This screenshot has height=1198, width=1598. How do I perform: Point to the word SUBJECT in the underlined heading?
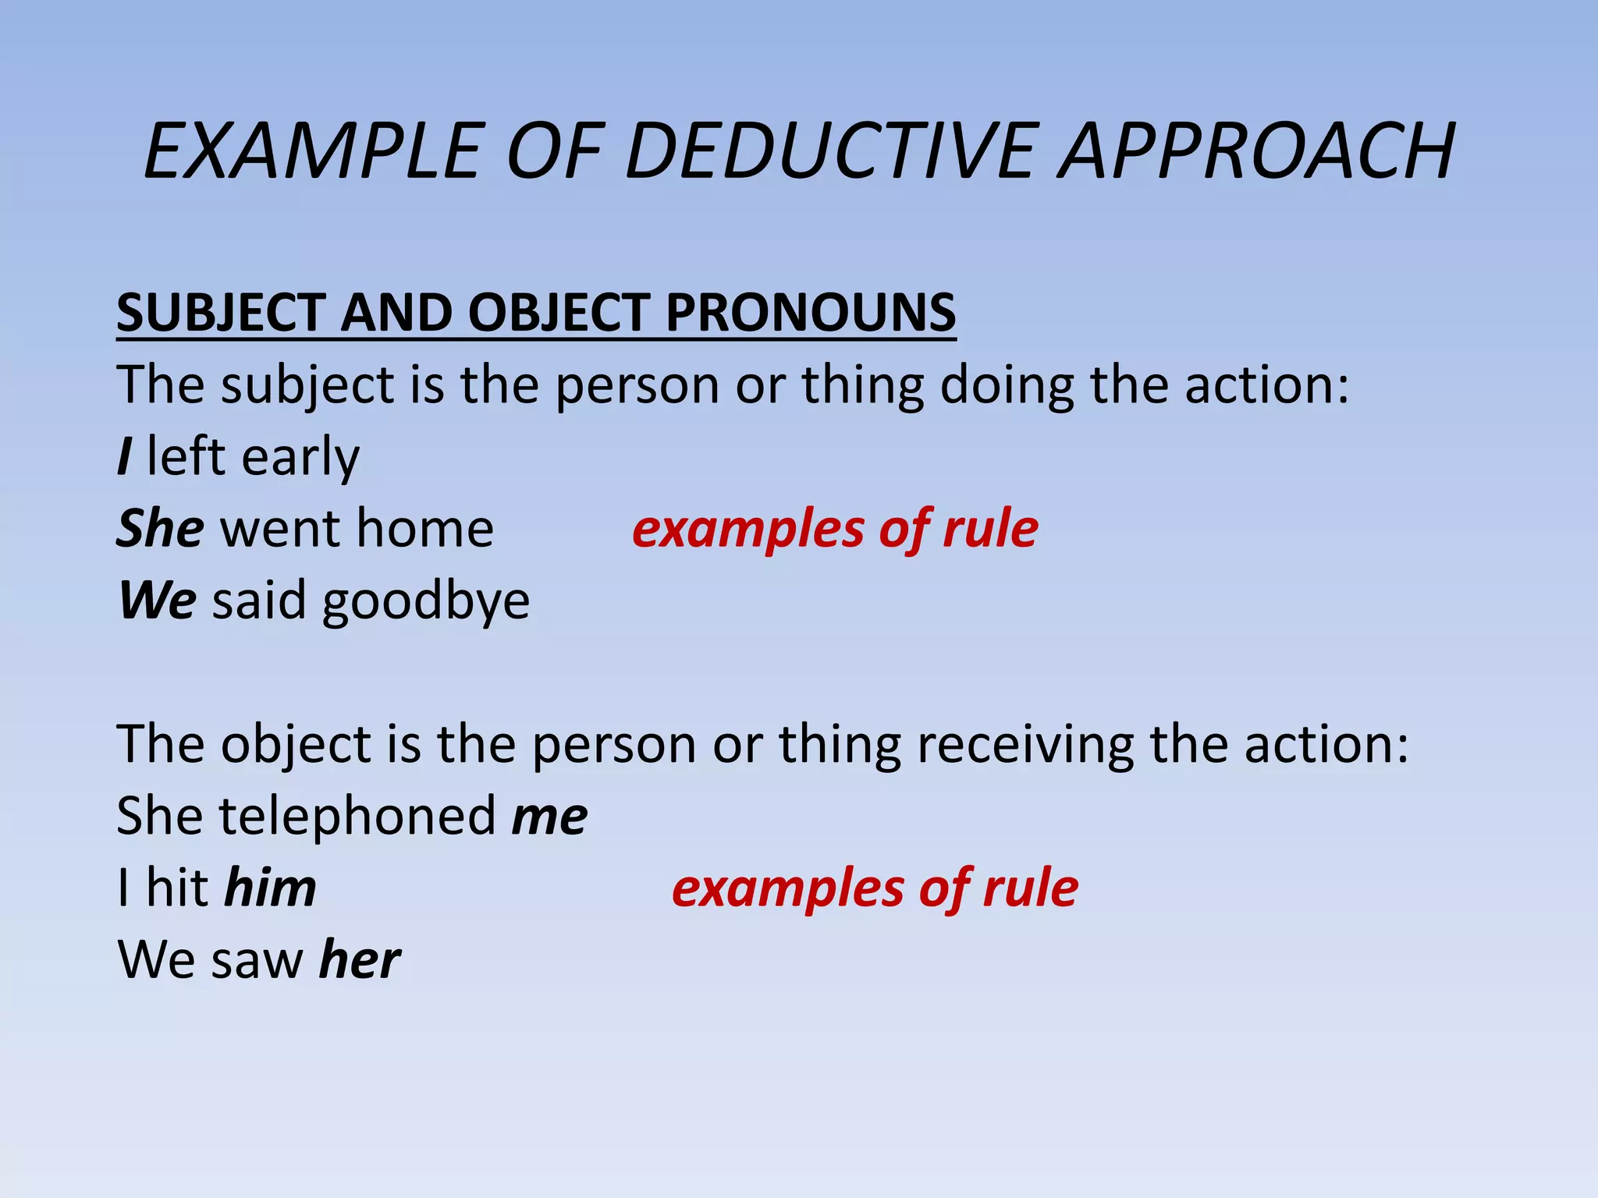220,313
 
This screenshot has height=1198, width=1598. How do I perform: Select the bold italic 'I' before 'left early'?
124,456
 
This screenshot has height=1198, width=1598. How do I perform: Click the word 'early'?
300,458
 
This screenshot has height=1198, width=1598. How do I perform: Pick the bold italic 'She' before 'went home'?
161,529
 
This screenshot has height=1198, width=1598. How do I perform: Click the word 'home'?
424,529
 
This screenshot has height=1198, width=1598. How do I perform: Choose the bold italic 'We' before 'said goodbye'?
157,601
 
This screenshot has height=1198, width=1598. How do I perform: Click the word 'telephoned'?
357,816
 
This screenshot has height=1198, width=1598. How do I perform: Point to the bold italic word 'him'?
270,888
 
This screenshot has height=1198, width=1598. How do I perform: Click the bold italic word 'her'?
360,960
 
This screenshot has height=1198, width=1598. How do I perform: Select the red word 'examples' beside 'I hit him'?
788,889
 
